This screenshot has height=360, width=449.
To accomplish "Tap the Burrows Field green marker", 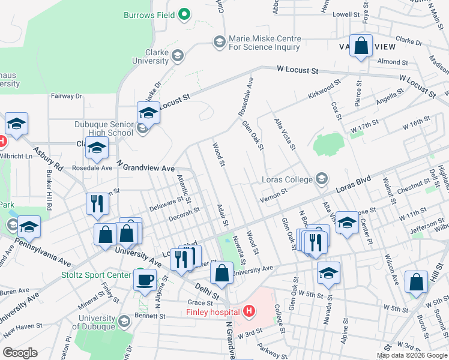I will coord(185,14).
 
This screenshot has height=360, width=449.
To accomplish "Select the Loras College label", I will coord(287,179).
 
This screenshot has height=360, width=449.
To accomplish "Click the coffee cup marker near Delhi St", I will coord(144,279).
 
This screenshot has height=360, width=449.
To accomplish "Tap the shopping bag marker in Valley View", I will coord(361,46).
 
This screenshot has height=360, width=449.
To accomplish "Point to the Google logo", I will coord(20,353).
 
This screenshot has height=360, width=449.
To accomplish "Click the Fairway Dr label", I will coord(66,96).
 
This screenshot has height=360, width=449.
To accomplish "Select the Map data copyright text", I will coord(411,355).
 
